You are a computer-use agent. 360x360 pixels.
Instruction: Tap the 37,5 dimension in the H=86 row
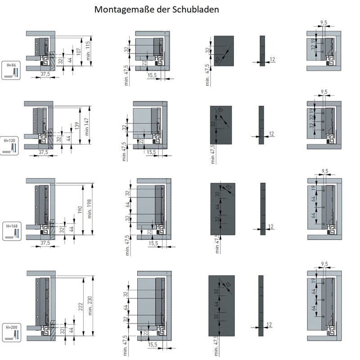pos(44,73)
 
